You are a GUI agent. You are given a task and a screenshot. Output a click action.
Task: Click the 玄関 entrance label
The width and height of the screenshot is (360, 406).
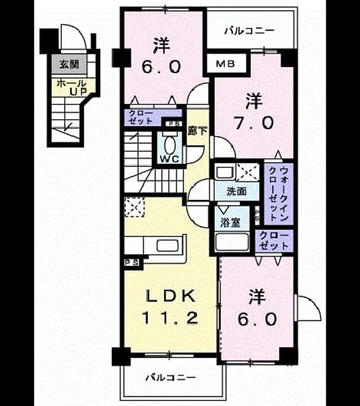[69, 64]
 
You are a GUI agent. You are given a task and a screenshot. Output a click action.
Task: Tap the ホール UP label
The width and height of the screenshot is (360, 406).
[72, 88]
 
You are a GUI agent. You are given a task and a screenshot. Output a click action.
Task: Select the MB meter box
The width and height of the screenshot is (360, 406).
[226, 63]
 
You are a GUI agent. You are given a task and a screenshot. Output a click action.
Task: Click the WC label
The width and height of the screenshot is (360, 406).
[170, 159]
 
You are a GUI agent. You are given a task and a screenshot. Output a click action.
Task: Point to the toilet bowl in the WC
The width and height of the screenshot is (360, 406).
[170, 145]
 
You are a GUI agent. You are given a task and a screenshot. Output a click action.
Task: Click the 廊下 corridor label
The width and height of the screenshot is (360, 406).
[197, 131]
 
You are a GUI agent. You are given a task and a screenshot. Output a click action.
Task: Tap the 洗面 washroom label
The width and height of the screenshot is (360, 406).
[236, 192]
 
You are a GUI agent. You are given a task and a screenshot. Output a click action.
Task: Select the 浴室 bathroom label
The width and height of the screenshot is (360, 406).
[230, 222]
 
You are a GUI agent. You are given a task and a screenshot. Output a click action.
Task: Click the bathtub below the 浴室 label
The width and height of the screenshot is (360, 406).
[232, 242]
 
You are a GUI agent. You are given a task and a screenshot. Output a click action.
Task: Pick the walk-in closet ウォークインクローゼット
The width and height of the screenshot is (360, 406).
[279, 193]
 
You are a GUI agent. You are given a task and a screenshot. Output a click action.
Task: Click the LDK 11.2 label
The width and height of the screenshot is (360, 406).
[171, 306]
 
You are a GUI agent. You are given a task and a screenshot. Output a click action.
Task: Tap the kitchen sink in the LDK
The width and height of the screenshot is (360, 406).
[168, 246]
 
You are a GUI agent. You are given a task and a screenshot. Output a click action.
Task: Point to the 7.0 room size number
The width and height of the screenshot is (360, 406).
[253, 122]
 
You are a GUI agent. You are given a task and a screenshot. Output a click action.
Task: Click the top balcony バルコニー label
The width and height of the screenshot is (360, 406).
[249, 31]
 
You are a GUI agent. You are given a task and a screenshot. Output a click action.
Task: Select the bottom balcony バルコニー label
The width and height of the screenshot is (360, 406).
[170, 378]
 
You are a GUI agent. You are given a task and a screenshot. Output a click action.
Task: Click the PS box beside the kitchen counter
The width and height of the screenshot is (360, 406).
[132, 263]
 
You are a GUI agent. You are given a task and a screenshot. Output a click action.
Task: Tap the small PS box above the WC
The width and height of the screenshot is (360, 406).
[174, 124]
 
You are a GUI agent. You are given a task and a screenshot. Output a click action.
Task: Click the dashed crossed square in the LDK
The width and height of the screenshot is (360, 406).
[134, 207]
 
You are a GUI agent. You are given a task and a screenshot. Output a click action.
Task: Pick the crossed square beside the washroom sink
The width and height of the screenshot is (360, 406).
[248, 172]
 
